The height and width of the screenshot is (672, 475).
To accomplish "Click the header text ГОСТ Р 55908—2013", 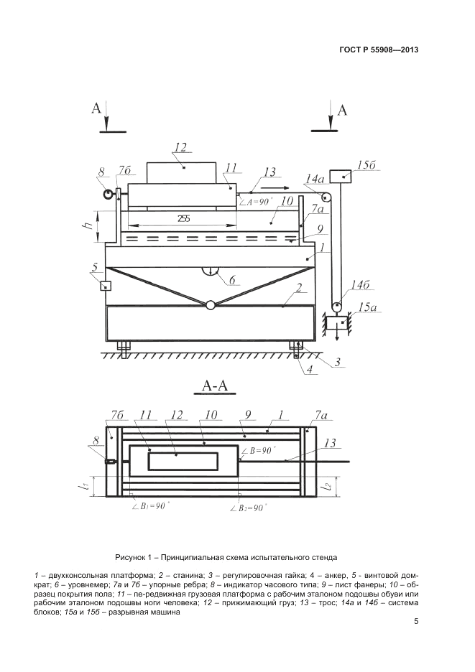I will coord(378,50).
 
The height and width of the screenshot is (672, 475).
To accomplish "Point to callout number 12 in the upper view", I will coord(180,148).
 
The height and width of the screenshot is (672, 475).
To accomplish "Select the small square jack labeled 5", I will coord(106,286).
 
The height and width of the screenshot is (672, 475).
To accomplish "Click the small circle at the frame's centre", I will coord(210,304).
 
